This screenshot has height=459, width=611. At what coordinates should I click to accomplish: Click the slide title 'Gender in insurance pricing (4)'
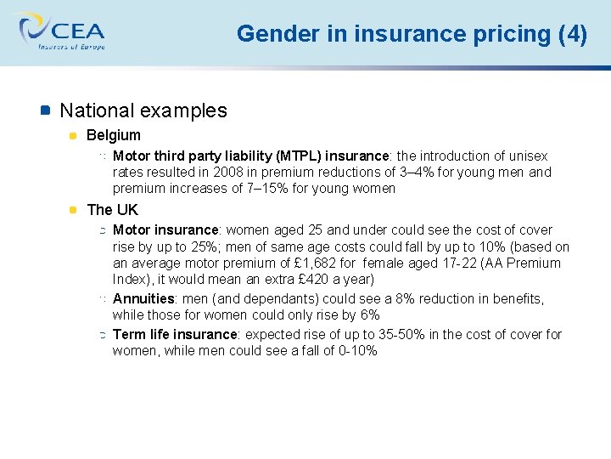412,34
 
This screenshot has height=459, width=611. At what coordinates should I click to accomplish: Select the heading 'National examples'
143,110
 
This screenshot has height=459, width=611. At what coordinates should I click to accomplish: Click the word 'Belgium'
114,135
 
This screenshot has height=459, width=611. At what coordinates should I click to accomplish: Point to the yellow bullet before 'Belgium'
74,135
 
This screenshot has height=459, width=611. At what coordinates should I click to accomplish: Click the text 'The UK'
112,210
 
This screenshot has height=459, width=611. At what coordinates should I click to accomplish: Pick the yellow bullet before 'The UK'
74,209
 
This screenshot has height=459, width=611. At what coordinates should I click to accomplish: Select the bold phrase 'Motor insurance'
165,230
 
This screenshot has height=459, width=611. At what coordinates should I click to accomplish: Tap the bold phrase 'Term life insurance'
174,335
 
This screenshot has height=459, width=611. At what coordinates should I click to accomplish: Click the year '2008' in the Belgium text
227,173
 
